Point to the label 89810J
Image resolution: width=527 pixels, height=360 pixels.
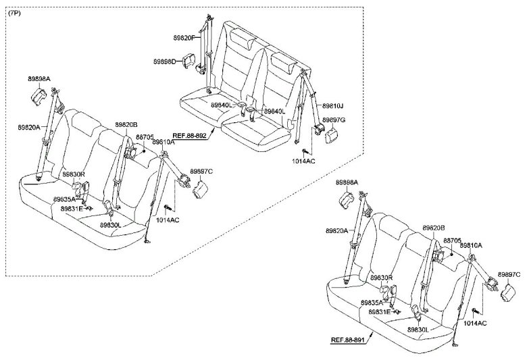click(332, 106)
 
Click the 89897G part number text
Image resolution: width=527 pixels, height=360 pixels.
click(333, 120)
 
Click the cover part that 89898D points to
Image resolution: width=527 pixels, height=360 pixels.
click(200, 65)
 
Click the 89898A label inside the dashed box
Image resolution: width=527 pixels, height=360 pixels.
click(39, 79)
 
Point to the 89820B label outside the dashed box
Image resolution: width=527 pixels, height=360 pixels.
click(434, 228)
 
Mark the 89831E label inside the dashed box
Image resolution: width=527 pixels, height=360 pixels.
click(71, 209)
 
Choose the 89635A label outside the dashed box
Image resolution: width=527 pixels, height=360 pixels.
click(372, 303)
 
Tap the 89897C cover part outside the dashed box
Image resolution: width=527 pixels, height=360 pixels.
click(508, 292)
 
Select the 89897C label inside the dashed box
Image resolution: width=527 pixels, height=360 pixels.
click(201, 172)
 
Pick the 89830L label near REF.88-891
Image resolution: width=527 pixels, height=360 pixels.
click(420, 330)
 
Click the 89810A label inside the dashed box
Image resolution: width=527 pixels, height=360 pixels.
click(164, 143)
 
